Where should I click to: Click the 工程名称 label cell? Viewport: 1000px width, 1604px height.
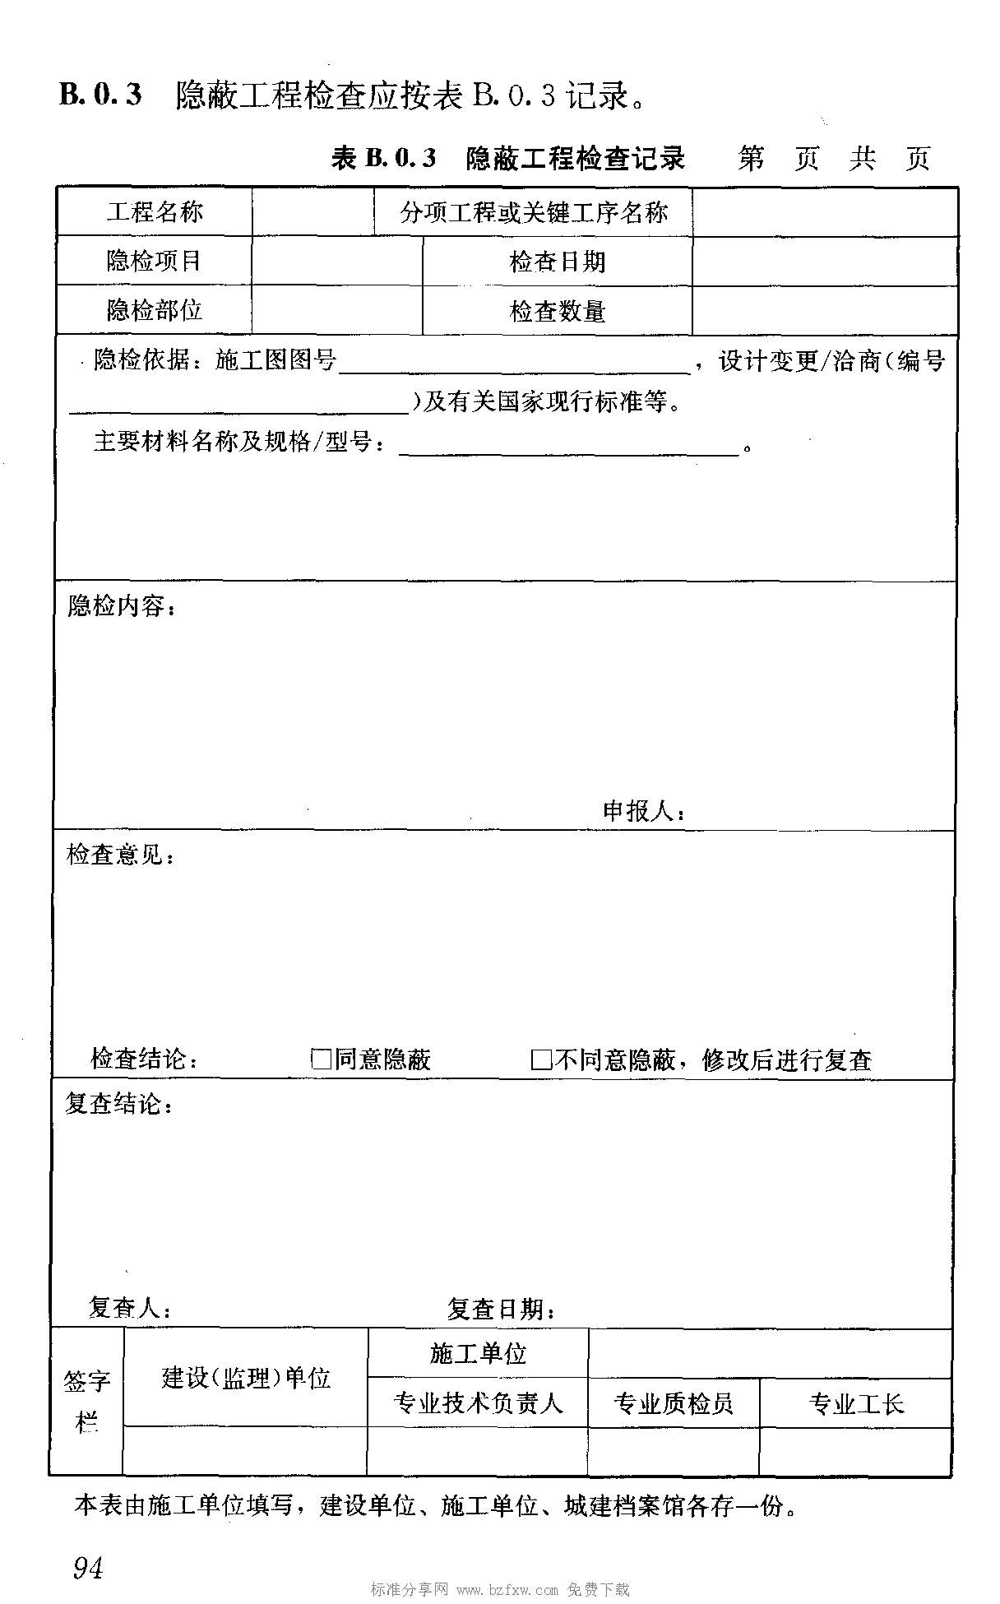click(x=155, y=213)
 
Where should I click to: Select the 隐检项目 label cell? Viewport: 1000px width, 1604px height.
click(x=155, y=262)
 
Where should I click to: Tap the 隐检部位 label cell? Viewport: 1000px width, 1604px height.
click(x=155, y=311)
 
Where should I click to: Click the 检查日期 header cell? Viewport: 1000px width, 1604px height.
click(x=558, y=262)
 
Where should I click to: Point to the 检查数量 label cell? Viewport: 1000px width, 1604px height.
click(x=558, y=312)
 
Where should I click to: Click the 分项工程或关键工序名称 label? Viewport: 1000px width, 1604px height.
click(x=534, y=213)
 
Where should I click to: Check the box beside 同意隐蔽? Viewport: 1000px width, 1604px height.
click(x=321, y=1059)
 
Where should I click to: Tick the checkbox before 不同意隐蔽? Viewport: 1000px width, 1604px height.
click(x=541, y=1059)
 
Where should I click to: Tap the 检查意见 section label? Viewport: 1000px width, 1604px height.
click(x=120, y=855)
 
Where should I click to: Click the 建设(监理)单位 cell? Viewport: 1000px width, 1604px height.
click(x=246, y=1378)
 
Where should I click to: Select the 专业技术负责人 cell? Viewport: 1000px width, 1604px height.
click(x=478, y=1402)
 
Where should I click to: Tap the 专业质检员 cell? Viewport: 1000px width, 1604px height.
click(x=674, y=1403)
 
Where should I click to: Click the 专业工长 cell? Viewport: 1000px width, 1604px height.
click(x=856, y=1403)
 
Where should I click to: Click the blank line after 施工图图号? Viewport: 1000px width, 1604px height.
click(x=514, y=368)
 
